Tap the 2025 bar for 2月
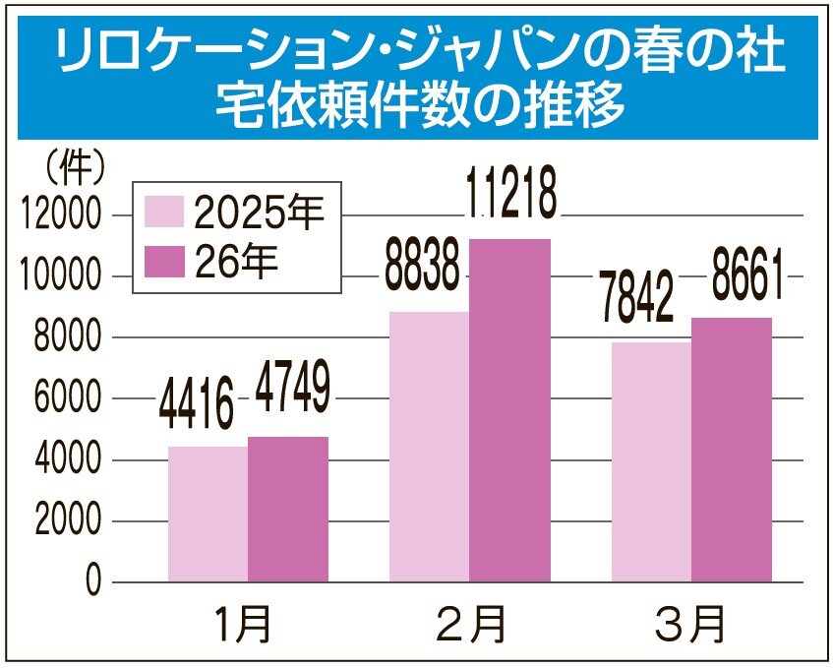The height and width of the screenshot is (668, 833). point(429,447)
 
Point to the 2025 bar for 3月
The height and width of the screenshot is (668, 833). point(651,461)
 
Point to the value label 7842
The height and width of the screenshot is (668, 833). point(643,299)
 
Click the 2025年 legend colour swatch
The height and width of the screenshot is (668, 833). point(164,213)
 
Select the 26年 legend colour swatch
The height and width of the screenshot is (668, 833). point(164,261)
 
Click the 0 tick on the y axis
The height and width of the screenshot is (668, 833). point(93,582)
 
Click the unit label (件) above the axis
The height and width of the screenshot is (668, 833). point(75,170)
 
